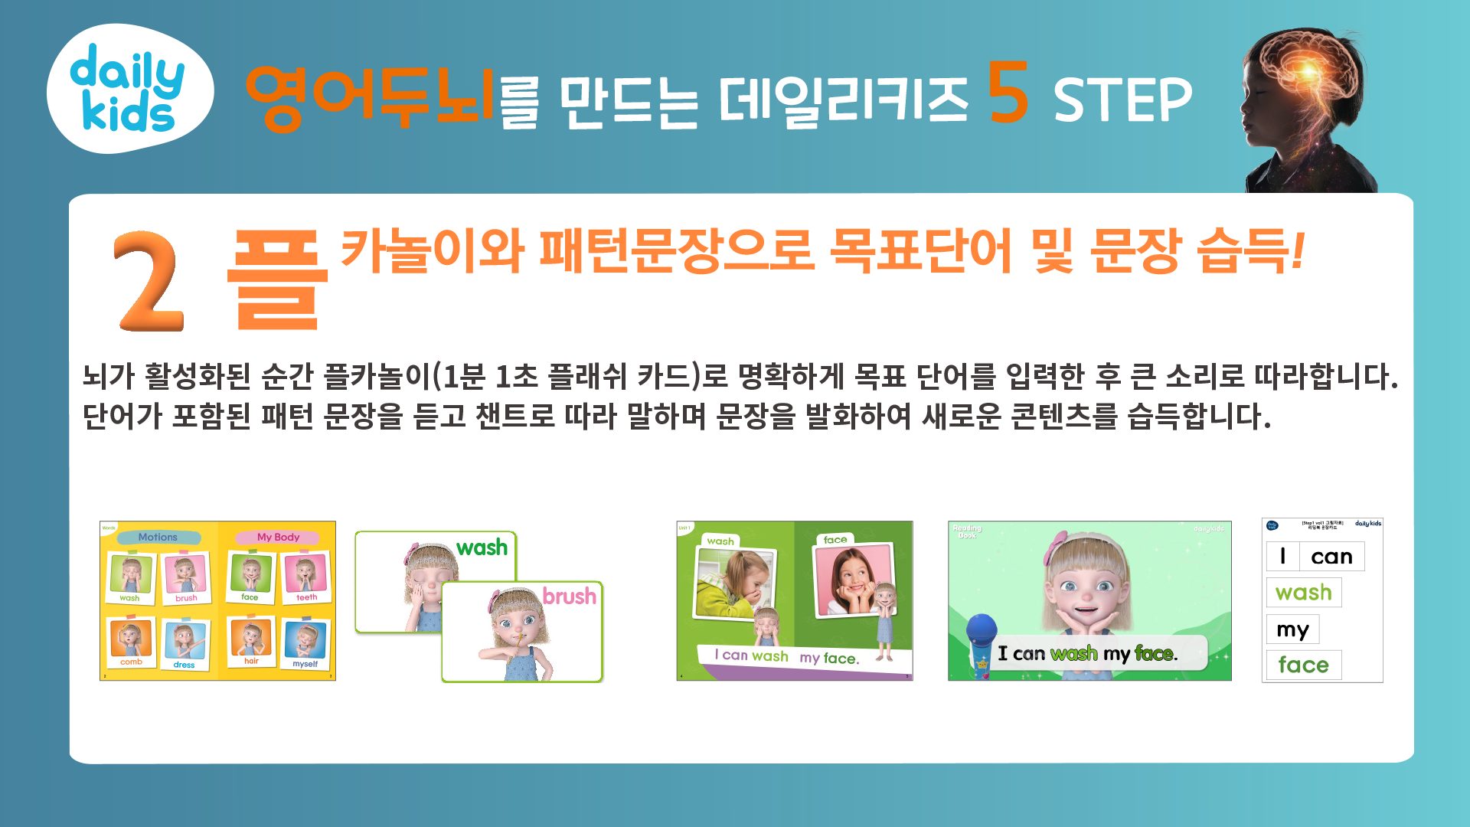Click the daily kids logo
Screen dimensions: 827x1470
point(129,89)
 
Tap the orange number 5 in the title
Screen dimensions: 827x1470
point(1008,94)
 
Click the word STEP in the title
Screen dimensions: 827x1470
point(1122,100)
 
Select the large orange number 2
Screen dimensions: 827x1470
point(149,281)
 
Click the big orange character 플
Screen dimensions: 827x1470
point(277,280)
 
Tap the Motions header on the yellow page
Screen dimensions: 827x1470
point(158,537)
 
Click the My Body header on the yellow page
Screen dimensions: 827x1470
point(278,537)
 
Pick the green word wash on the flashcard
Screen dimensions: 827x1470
point(482,548)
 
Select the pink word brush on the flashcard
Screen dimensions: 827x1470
point(569,596)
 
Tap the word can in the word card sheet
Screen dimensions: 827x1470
point(1331,557)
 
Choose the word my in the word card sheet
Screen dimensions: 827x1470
point(1292,629)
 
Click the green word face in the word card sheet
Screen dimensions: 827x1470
point(1303,665)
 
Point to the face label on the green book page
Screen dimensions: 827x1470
point(835,540)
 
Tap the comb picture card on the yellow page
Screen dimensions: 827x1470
point(131,641)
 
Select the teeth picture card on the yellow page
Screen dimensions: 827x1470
point(305,576)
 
